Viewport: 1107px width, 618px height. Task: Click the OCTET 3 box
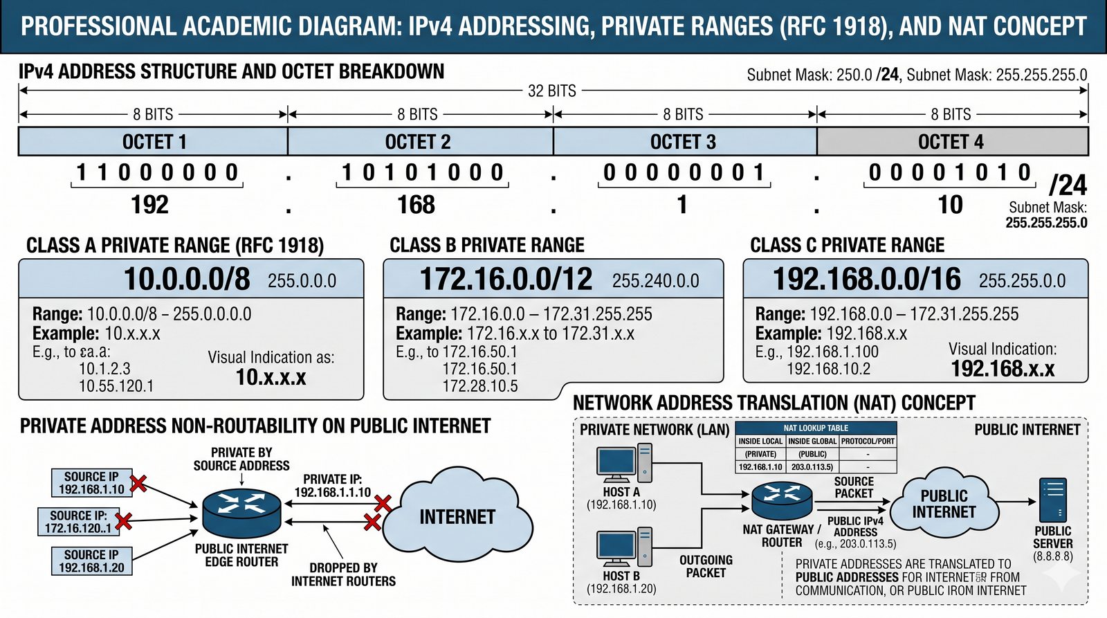point(684,142)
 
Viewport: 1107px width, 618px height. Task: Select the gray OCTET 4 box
point(951,142)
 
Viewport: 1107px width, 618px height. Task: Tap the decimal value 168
point(416,205)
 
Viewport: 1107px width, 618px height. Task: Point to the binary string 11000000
point(157,172)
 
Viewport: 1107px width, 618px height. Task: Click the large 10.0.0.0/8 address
point(187,279)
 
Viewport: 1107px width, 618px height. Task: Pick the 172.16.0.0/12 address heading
point(506,279)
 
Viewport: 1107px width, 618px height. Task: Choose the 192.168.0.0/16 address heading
point(866,279)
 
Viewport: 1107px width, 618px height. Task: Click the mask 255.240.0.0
point(655,281)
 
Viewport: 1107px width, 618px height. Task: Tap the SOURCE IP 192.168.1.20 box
point(91,561)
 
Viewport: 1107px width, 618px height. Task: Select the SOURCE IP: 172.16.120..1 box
point(77,522)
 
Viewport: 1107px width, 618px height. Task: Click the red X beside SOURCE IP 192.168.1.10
point(138,483)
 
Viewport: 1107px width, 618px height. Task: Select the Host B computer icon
point(625,547)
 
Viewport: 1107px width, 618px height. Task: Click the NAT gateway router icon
point(783,501)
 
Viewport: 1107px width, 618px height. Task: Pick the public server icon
point(1052,500)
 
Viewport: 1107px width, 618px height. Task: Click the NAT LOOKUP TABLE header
point(816,428)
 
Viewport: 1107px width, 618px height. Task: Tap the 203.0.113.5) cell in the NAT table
point(812,467)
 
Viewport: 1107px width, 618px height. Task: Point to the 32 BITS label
point(551,91)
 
